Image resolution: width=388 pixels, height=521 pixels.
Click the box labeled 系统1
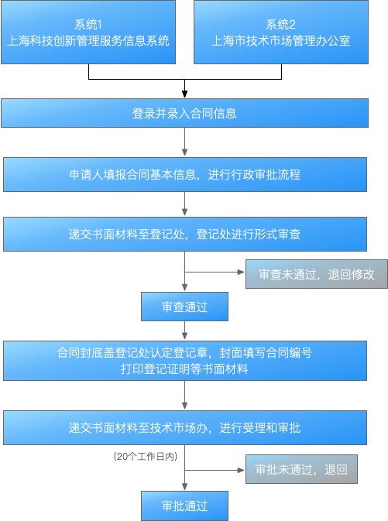tap(88, 32)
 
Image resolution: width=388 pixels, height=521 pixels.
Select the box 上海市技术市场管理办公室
tap(281, 32)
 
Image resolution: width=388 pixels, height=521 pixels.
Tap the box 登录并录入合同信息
tap(184, 113)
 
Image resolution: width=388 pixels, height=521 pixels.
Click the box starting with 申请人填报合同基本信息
tap(185, 174)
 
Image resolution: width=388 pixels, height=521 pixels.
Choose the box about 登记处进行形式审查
tap(185, 235)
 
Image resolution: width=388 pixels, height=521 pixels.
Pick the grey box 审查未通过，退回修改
tap(317, 274)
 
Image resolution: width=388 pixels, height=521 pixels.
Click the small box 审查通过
tap(184, 307)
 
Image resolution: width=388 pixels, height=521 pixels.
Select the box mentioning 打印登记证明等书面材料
tap(185, 361)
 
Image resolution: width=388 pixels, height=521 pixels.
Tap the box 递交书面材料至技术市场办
tap(185, 427)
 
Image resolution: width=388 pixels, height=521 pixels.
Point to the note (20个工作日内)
tap(146, 457)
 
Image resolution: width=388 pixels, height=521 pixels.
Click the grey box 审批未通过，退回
tap(301, 469)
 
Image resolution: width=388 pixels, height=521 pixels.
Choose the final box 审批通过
tap(184, 506)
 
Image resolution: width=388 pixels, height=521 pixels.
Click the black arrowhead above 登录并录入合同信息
tap(184, 94)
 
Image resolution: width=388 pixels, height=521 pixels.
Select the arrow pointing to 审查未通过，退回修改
tap(215, 272)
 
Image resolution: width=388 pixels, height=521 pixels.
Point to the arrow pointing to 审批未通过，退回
tap(215, 470)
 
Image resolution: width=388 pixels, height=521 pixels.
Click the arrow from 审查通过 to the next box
tap(184, 331)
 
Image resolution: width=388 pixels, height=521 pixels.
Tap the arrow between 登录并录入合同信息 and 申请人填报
tap(184, 142)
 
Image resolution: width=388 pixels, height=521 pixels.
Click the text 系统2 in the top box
tap(280, 24)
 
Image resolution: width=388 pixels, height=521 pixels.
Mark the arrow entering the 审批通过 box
tap(184, 468)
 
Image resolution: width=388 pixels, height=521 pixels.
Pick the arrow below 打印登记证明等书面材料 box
tap(184, 396)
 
